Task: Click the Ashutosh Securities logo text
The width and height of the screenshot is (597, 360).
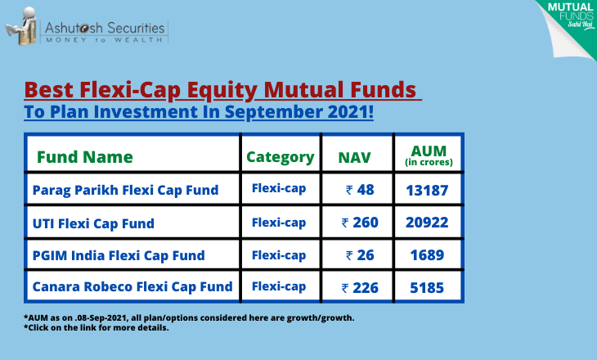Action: coord(105,28)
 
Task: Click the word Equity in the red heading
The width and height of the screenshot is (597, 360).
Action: coord(222,91)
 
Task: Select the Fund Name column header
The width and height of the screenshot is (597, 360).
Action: coord(84,157)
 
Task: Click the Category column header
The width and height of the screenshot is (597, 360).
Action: coord(281,157)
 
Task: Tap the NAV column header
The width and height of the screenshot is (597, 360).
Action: coord(354,158)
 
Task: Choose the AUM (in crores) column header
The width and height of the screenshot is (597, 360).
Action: coord(429,155)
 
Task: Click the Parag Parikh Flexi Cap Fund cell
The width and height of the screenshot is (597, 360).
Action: coord(125,190)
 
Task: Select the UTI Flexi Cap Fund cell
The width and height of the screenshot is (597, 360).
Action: coord(93,223)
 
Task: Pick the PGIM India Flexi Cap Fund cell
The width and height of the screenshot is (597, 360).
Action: coord(119,255)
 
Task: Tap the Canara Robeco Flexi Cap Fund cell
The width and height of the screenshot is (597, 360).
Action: coord(132,286)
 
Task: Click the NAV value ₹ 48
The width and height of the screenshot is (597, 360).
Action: coord(360,190)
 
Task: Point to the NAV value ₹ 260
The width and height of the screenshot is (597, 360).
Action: coord(360,223)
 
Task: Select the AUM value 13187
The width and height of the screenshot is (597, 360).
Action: coord(427,191)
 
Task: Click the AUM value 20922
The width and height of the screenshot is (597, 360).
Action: coord(427,223)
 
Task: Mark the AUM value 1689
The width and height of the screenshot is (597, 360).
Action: coord(427,255)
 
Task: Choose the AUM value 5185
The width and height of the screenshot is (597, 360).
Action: coord(427,288)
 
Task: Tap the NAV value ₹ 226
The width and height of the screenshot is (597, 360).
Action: coord(360,288)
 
